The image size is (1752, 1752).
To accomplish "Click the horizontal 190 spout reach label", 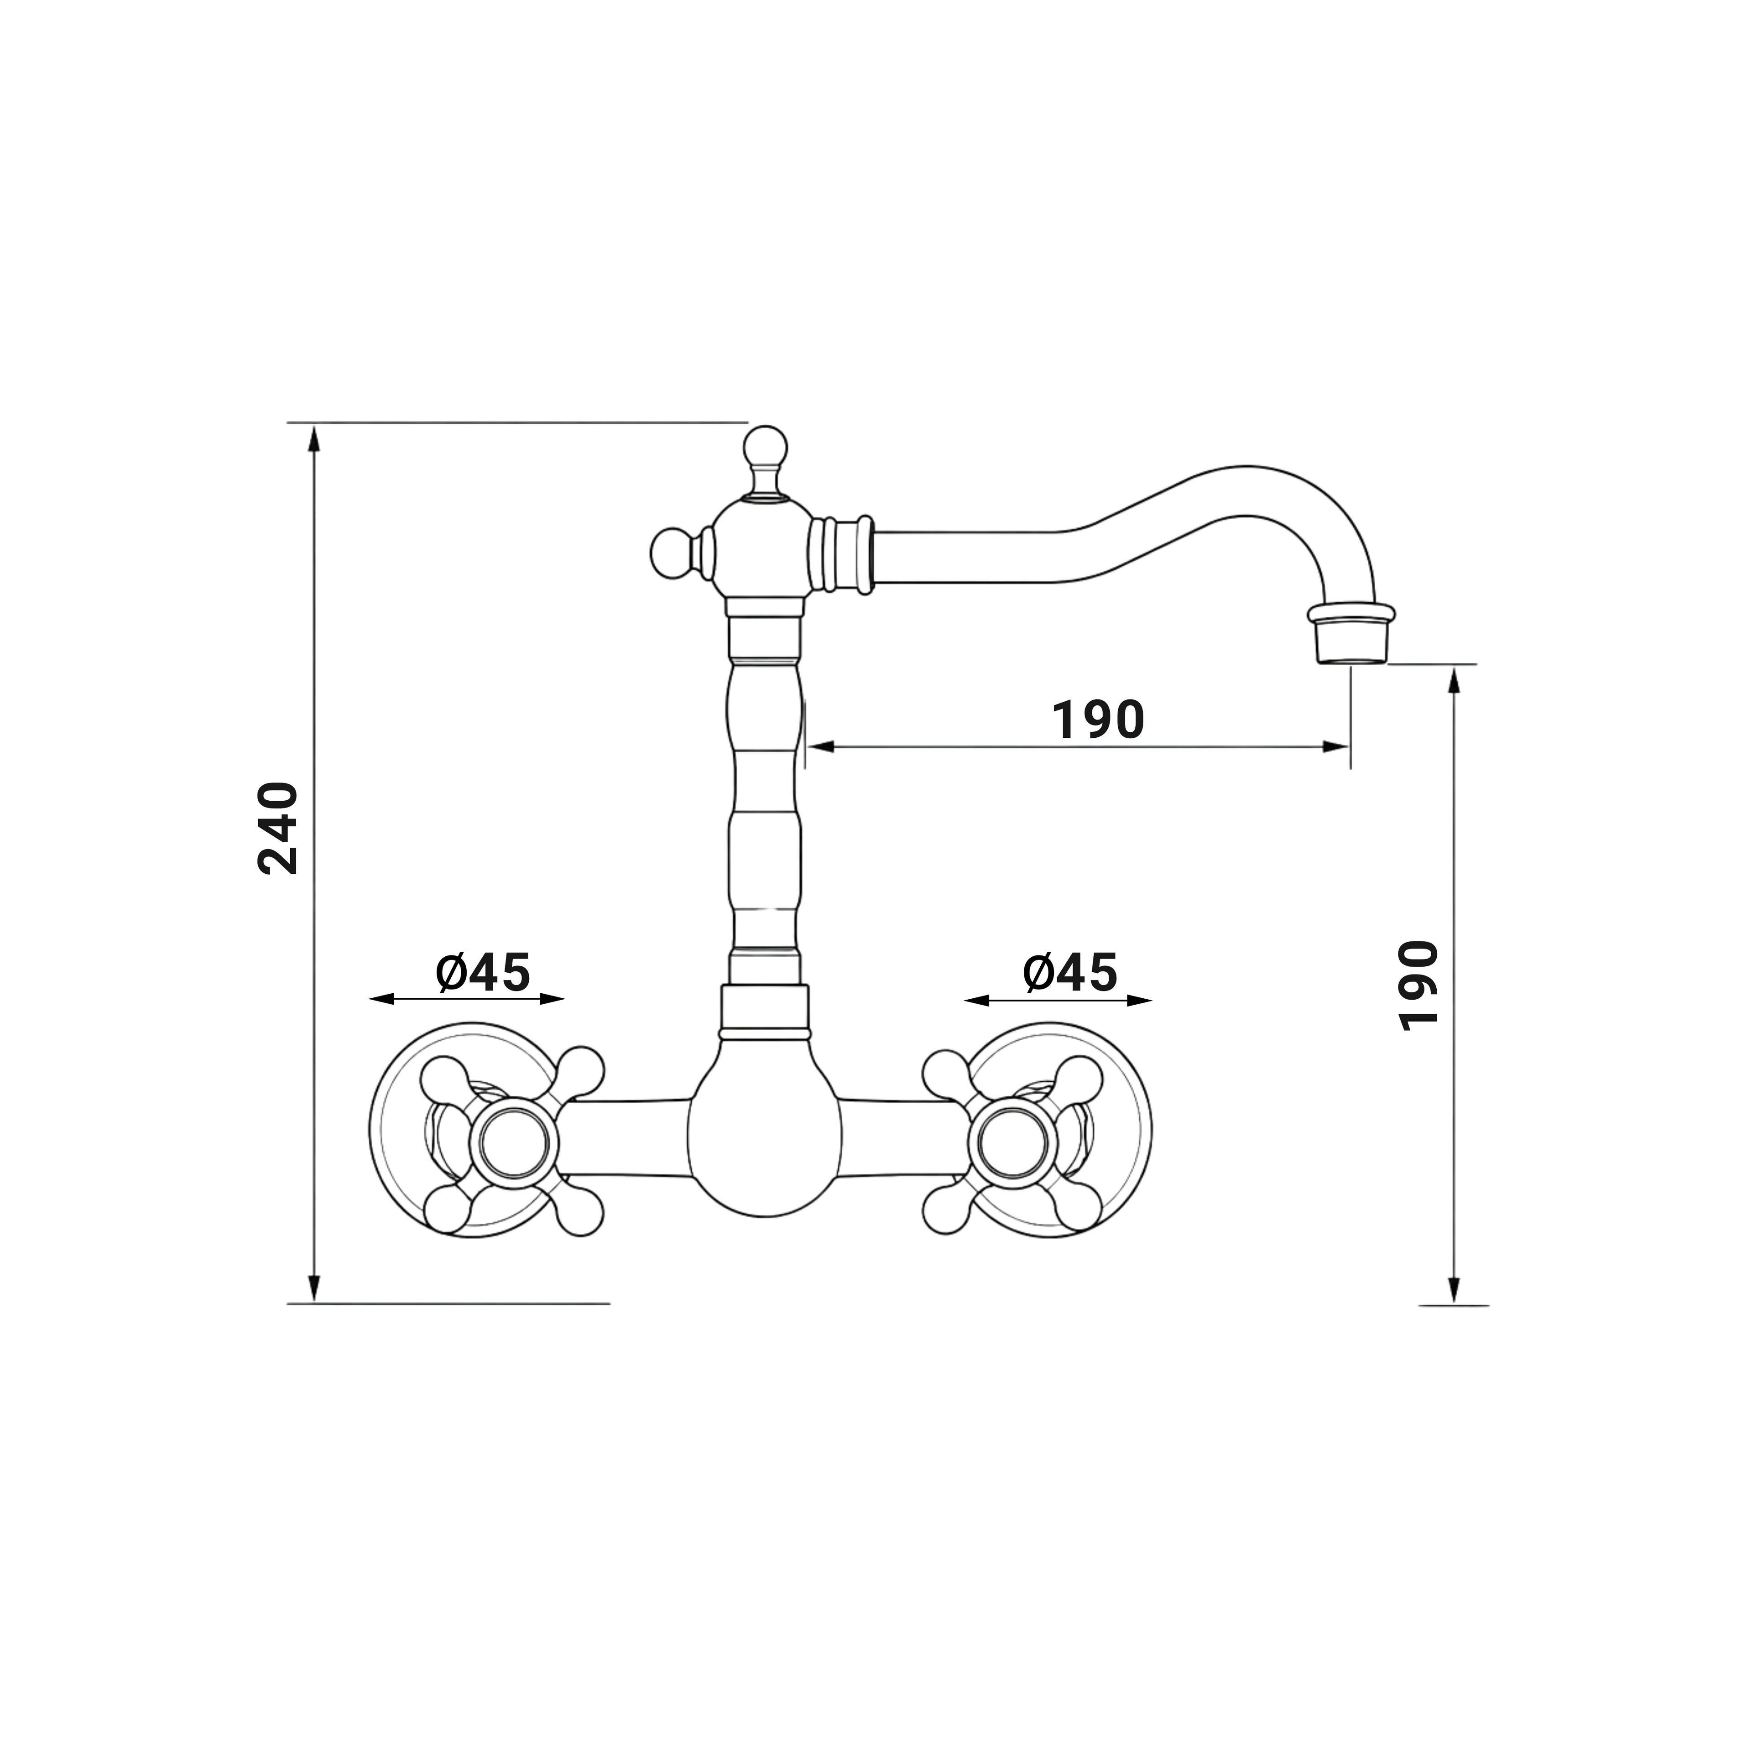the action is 1098,719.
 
